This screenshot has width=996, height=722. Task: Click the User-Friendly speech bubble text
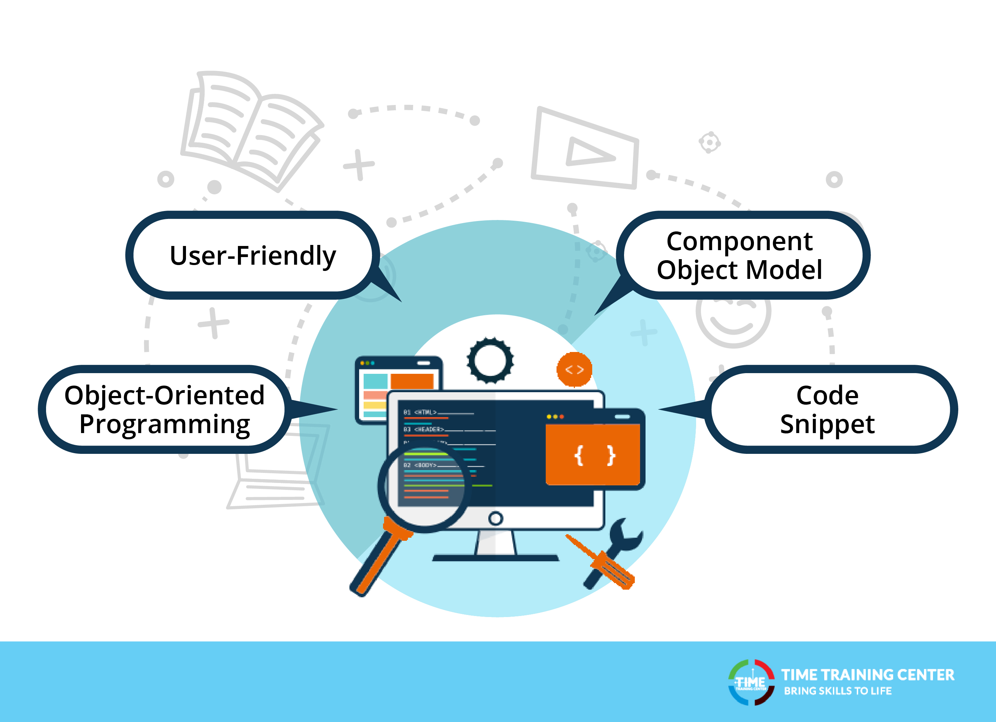click(252, 256)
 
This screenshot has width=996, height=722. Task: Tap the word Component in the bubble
click(739, 242)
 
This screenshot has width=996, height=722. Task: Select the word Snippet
click(827, 424)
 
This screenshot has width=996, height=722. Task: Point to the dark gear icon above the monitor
click(490, 360)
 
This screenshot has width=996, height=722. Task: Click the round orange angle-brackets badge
click(575, 370)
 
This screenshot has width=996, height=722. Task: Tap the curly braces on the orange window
click(595, 455)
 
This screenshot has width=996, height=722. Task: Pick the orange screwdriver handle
click(615, 571)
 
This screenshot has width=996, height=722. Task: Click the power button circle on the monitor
click(495, 519)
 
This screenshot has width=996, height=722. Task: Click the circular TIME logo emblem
click(751, 683)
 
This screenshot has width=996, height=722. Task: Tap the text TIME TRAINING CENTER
click(867, 675)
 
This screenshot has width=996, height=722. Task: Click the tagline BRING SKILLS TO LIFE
click(837, 691)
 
